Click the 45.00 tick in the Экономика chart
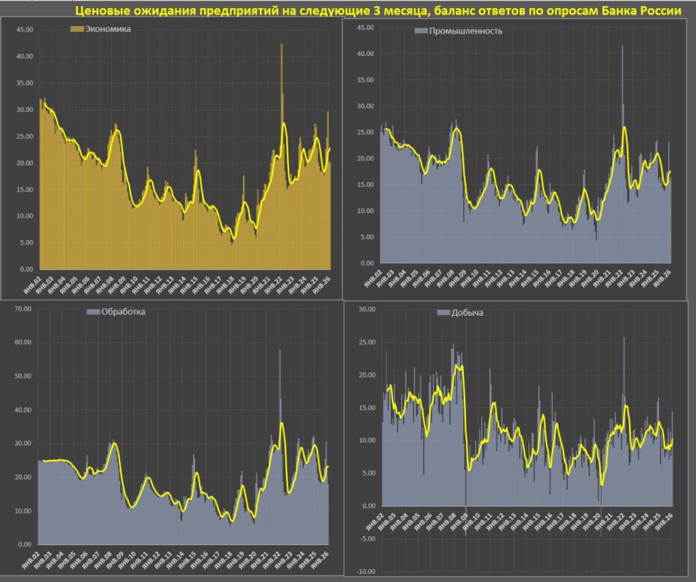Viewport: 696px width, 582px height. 25,30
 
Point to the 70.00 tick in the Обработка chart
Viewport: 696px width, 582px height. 23,308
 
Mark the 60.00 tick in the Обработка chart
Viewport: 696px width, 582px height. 23,343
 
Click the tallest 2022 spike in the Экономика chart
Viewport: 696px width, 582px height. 282,45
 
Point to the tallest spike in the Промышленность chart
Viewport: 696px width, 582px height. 622,47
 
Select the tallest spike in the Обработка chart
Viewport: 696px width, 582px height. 280,351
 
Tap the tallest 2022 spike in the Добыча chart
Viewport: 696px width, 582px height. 624,338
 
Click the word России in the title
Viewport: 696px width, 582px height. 659,12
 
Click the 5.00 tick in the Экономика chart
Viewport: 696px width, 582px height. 26,243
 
